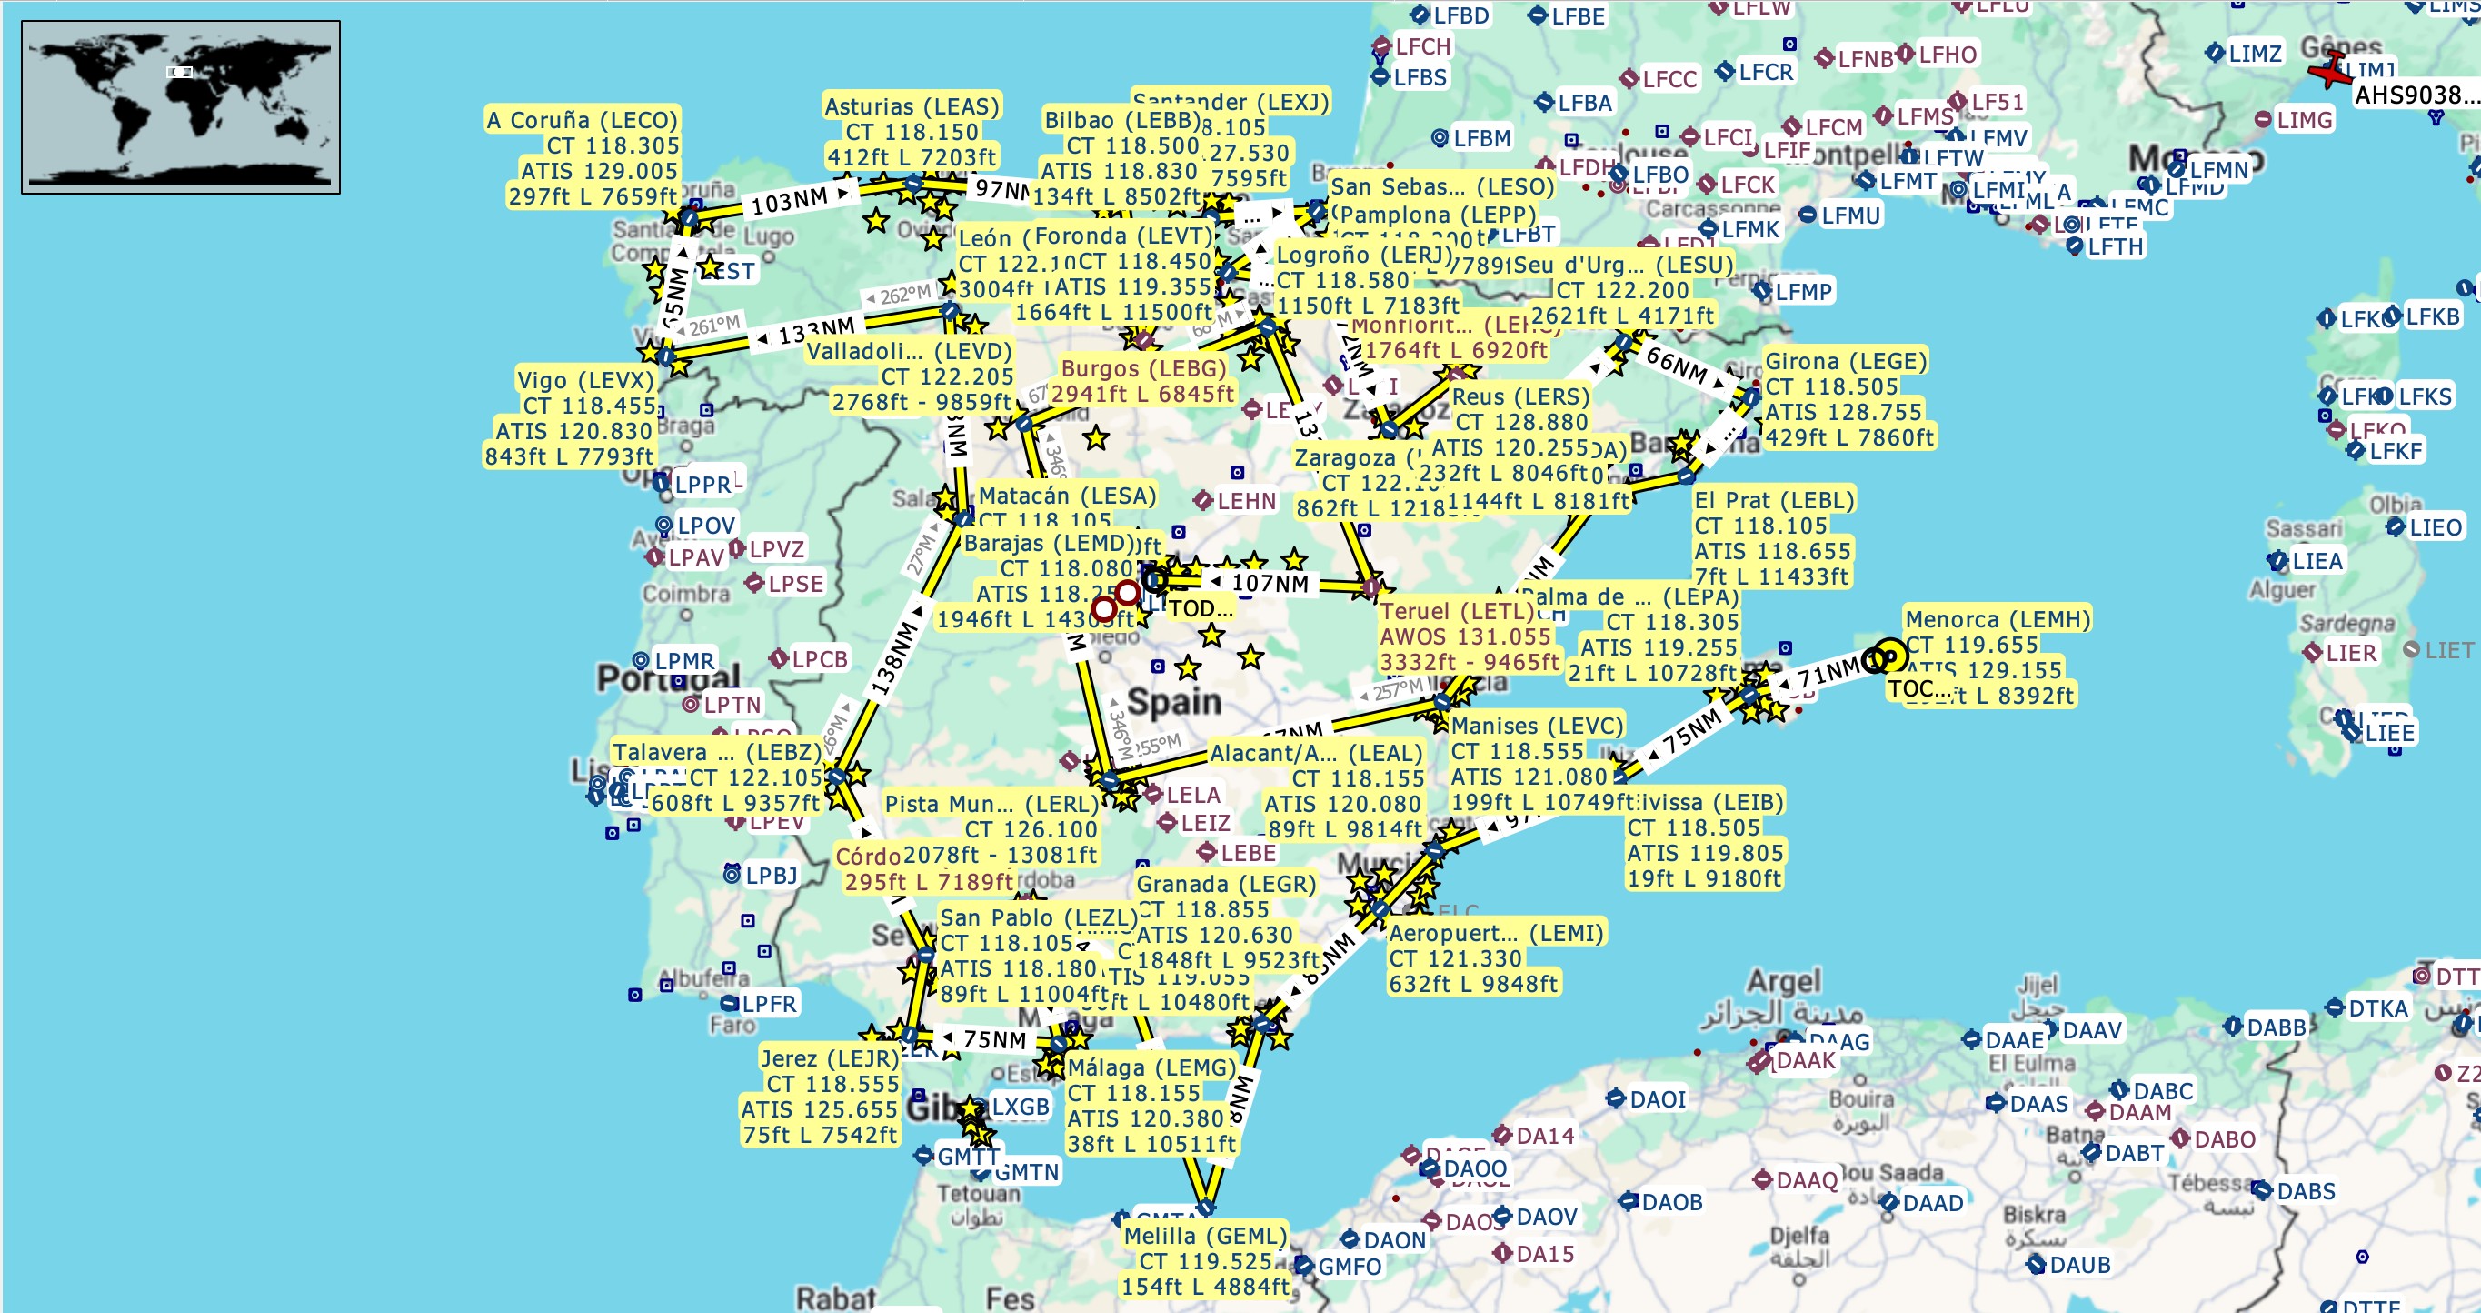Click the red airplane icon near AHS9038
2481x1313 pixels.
click(2331, 70)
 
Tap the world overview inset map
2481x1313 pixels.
click(181, 107)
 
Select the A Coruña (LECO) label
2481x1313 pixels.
click(582, 120)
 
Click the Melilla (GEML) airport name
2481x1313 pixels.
click(1205, 1236)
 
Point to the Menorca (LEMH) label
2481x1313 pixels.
click(1998, 619)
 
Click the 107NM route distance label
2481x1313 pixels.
click(1270, 584)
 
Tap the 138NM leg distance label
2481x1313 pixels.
click(892, 659)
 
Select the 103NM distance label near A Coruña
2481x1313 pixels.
click(789, 201)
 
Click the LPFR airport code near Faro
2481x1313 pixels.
click(769, 1004)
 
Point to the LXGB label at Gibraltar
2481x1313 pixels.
click(1020, 1107)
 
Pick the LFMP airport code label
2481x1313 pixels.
click(1803, 292)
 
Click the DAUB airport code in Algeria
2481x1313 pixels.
click(2079, 1265)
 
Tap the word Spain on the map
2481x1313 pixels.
click(1174, 701)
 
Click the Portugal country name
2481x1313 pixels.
click(668, 677)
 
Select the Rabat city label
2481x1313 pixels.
click(835, 1298)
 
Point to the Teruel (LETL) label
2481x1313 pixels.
click(1456, 612)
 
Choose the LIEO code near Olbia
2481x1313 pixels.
click(2435, 528)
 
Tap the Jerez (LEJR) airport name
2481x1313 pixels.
click(829, 1058)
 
